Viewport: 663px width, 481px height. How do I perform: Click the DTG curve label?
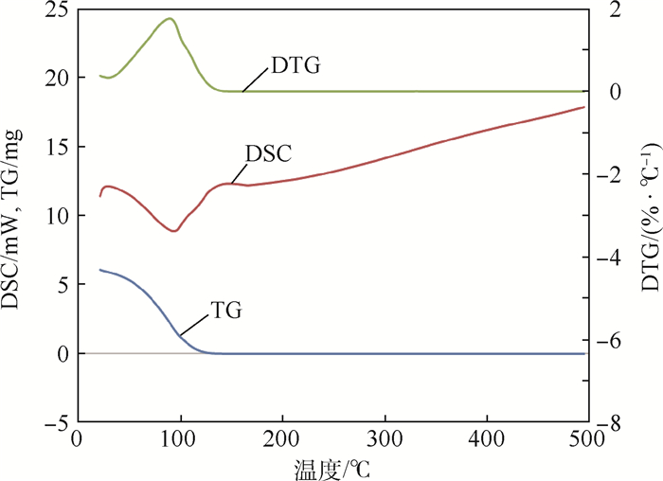click(295, 66)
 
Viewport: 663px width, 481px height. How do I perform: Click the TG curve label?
click(228, 309)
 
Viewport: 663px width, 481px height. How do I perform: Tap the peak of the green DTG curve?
click(170, 18)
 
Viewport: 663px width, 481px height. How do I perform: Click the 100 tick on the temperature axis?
click(179, 441)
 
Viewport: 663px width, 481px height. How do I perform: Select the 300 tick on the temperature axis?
click(384, 441)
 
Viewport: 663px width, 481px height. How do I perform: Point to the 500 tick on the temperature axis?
click(587, 441)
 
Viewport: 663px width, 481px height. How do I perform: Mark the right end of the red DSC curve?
click(584, 107)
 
